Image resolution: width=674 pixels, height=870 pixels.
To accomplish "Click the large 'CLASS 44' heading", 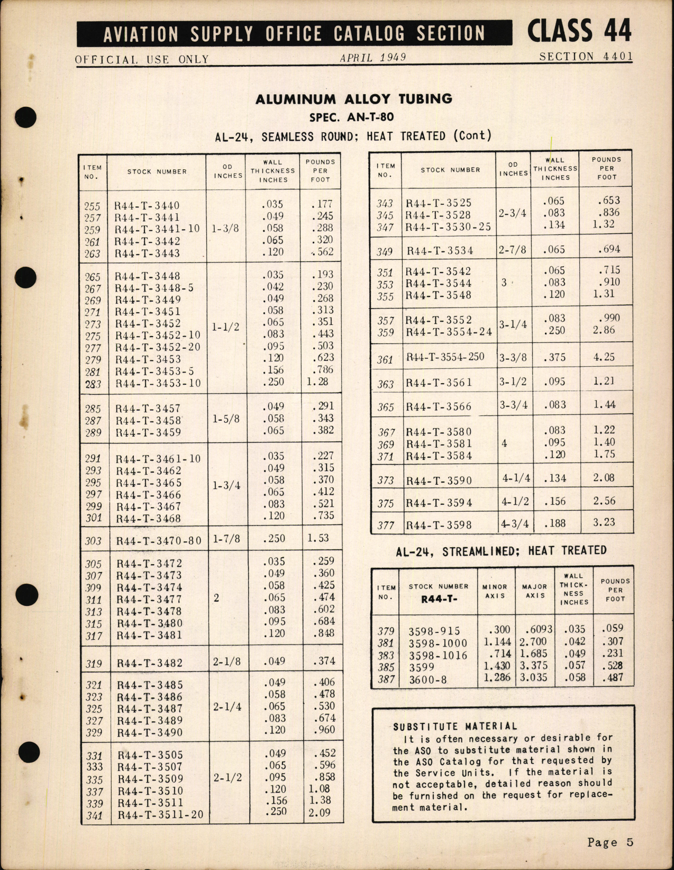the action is point(579,31).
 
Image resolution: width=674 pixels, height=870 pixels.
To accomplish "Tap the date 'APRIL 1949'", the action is point(373,58).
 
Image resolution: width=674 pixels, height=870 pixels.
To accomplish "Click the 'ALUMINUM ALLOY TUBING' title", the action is point(354,99).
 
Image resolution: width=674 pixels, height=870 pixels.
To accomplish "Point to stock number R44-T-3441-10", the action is point(157,229).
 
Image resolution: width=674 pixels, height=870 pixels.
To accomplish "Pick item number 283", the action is point(93,384).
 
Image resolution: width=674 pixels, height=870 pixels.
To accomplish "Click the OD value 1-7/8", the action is point(226,539).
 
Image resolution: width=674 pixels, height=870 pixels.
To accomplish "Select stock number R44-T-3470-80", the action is point(159,541).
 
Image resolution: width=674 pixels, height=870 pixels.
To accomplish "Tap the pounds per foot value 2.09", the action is point(319,812).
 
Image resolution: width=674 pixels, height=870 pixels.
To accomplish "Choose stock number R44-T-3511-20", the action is point(160,815).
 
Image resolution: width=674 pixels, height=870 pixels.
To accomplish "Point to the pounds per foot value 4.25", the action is point(604,357).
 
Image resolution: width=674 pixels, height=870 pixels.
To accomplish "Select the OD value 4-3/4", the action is point(515,524).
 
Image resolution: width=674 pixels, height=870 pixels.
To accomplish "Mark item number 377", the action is point(386,525).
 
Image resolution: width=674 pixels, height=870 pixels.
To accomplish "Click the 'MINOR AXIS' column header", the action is point(495,591).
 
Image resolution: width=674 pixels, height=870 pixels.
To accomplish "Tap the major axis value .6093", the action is point(539,630).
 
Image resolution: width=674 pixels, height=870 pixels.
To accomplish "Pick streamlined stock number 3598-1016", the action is point(438,656).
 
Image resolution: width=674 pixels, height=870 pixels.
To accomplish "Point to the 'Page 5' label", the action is point(610,842).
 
